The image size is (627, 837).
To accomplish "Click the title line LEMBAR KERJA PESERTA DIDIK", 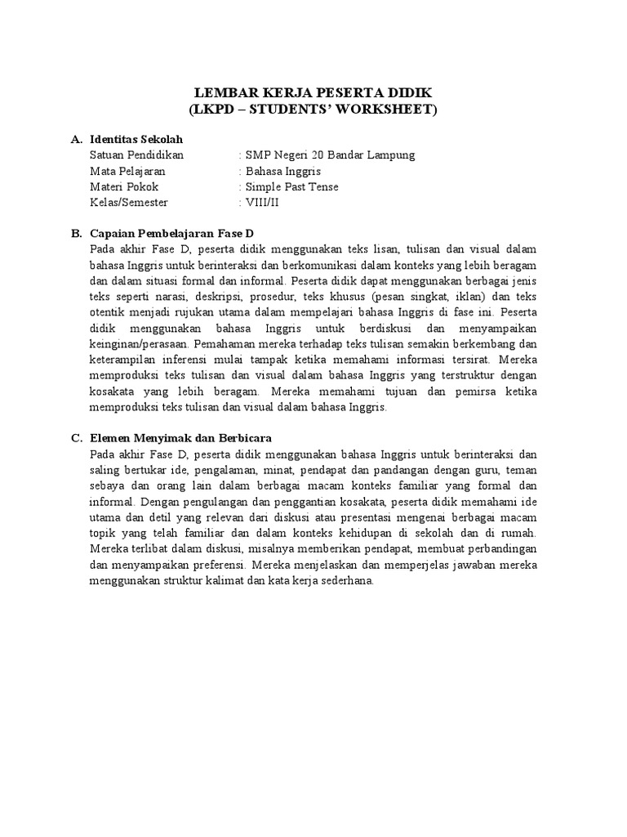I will coord(313,92).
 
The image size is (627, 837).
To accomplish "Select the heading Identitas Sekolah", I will coord(136,140).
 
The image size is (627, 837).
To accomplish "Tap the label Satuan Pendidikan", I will coord(136,155).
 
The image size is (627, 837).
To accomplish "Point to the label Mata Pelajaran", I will coord(127,171).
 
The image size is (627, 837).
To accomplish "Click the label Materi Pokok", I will coord(124,186).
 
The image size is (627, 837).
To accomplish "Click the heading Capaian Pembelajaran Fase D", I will coord(173,234).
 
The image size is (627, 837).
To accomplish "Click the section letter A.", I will coord(76,140).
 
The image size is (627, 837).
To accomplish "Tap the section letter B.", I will coord(76,234).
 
